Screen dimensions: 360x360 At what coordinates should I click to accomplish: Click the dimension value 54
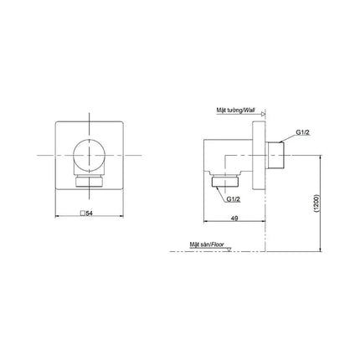[89, 213]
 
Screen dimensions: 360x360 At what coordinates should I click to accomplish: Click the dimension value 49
[234, 219]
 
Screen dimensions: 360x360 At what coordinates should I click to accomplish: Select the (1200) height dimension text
[316, 203]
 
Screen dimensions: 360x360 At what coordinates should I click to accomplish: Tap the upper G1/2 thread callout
[303, 132]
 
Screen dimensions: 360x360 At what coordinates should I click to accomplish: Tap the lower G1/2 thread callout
[234, 198]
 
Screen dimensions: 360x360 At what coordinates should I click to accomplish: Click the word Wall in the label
[249, 111]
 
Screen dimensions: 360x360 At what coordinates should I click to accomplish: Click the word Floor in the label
[218, 244]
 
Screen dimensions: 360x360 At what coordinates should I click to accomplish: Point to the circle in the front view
[90, 155]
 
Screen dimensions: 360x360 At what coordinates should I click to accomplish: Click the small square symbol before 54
[83, 213]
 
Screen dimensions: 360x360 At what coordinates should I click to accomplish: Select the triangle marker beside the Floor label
[229, 249]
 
